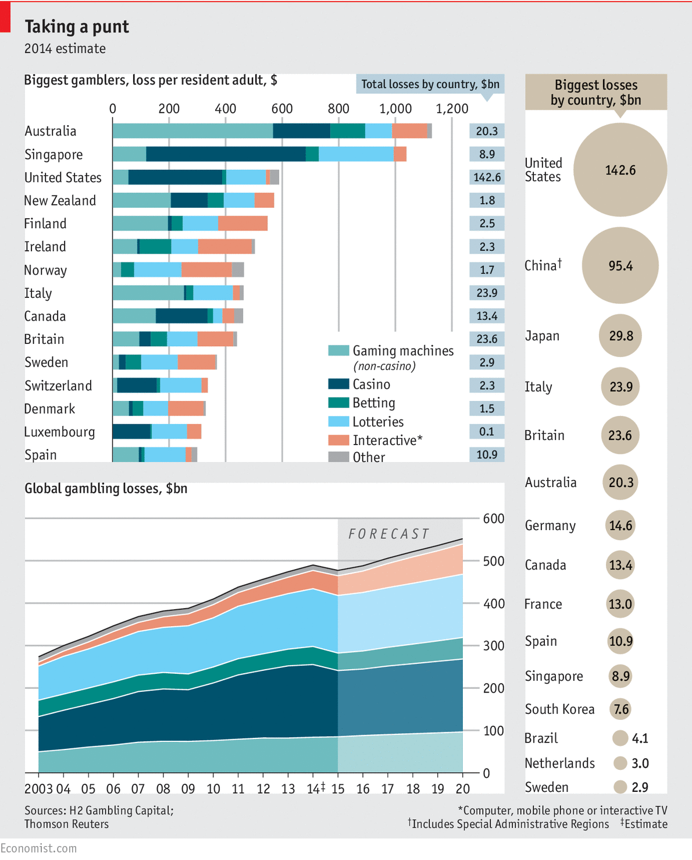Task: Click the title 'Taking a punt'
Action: [x=77, y=27]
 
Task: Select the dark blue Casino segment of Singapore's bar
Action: [x=226, y=154]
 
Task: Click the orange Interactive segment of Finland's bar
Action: [x=242, y=223]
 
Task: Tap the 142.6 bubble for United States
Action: [x=620, y=170]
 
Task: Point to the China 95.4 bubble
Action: [x=620, y=265]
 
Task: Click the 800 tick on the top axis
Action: [x=338, y=109]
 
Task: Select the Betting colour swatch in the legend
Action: [x=338, y=403]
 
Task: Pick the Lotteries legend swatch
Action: [x=338, y=422]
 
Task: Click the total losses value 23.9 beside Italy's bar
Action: [x=487, y=293]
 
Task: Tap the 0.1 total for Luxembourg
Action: [x=487, y=432]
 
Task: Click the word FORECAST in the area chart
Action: [x=388, y=534]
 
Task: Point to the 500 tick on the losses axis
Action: [x=494, y=561]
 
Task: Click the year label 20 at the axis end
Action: [x=462, y=789]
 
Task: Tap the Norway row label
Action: [x=45, y=271]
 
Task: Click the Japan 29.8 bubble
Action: [x=620, y=336]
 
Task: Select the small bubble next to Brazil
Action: [x=620, y=738]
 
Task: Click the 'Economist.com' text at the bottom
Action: [x=38, y=848]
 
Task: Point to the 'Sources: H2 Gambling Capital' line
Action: [x=99, y=811]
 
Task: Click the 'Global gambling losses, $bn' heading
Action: [x=106, y=489]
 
